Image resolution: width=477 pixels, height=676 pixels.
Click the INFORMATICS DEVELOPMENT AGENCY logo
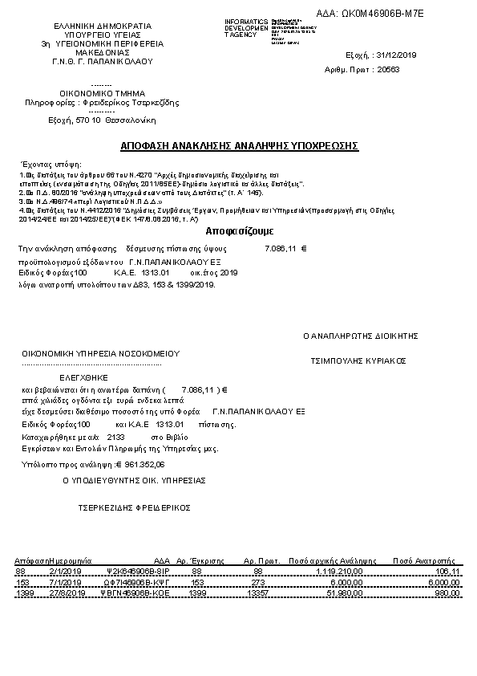[x=264, y=29]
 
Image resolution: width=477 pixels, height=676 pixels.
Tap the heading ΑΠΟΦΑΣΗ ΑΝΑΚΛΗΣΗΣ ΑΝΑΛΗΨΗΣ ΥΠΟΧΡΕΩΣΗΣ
[x=239, y=146]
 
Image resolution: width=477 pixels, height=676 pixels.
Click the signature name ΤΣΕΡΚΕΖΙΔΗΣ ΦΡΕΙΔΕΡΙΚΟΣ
[x=133, y=508]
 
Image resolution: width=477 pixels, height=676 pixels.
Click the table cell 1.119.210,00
[x=340, y=571]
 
